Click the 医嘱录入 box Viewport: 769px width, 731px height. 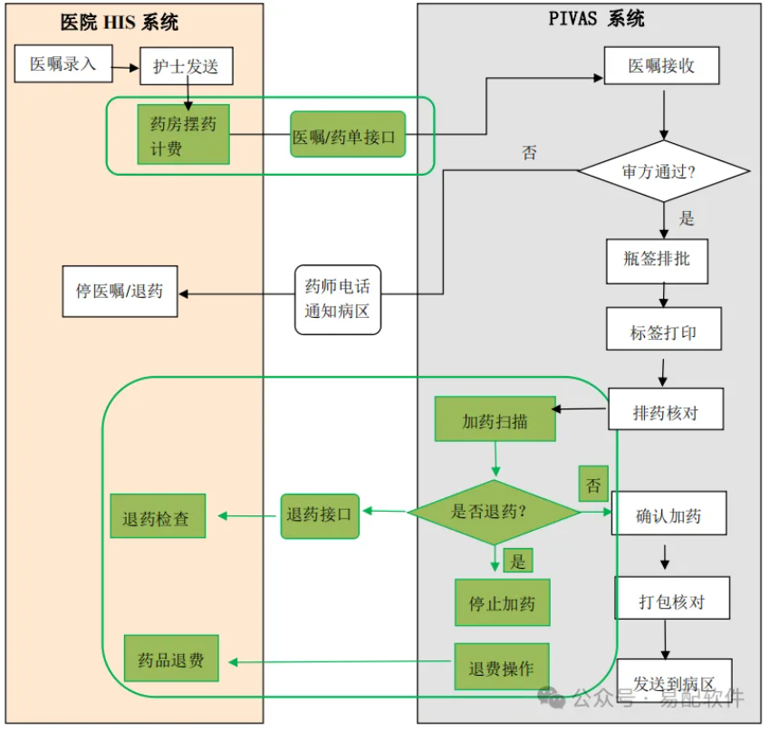(x=62, y=63)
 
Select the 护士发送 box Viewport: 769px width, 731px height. (x=186, y=66)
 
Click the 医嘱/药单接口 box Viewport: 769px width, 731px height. (x=348, y=138)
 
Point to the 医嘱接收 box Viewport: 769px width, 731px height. (x=662, y=66)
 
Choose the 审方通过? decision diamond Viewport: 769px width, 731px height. (x=664, y=172)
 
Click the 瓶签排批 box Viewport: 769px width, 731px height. (x=657, y=259)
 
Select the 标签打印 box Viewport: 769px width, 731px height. (x=664, y=331)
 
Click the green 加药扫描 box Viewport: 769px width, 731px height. (x=495, y=420)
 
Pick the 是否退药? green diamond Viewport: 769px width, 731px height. (x=494, y=512)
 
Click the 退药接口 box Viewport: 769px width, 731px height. (x=321, y=515)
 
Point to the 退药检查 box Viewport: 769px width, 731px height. (x=158, y=517)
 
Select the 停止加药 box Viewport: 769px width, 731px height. (x=502, y=602)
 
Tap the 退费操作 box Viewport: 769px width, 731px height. (x=502, y=668)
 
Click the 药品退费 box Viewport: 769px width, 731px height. (x=171, y=660)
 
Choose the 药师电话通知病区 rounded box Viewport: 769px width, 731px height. (x=338, y=299)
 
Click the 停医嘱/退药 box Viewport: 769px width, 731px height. (x=120, y=292)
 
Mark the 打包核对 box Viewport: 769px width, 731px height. (x=671, y=600)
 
